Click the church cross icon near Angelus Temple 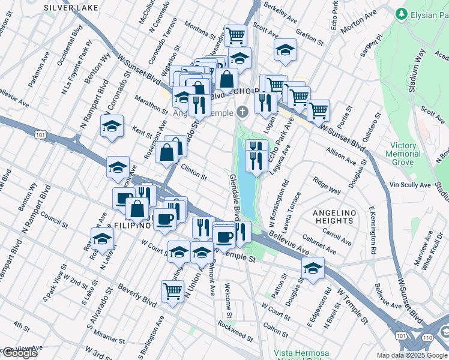click(x=243, y=112)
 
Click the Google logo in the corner click(x=19, y=353)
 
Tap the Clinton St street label click(x=193, y=174)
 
